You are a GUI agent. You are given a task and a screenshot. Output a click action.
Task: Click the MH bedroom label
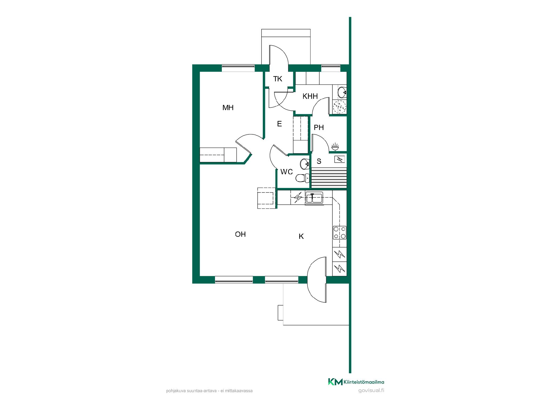228,108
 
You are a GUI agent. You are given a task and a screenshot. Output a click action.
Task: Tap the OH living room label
240,234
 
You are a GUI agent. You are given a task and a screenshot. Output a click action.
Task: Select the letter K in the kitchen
301,236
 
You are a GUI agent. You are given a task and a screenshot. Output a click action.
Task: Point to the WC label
286,172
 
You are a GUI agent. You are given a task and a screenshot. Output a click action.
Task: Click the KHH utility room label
310,96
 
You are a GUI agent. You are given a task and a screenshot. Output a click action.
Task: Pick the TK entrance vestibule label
278,79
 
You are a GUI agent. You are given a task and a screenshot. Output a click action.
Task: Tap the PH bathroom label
319,128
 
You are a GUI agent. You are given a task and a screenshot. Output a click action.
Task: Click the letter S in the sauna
319,161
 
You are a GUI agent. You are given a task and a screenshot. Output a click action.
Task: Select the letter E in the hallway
279,124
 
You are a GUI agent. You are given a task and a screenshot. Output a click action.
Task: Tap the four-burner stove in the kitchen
340,233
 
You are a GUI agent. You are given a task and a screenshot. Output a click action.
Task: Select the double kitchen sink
314,198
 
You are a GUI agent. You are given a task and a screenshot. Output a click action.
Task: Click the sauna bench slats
329,178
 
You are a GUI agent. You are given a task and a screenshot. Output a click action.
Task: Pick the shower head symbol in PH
335,147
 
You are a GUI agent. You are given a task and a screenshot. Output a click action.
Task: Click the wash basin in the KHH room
342,92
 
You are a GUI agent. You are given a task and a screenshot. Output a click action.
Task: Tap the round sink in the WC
305,164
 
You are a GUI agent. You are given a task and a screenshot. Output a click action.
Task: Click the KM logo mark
335,382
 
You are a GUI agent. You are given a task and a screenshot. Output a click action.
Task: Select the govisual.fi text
371,390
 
